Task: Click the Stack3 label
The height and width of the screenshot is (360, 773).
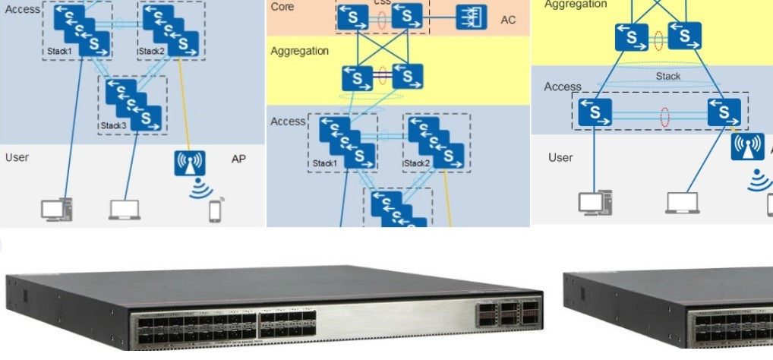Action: click(x=113, y=125)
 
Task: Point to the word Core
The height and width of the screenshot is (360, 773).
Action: click(x=283, y=6)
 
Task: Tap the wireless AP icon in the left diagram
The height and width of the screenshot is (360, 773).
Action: click(x=190, y=163)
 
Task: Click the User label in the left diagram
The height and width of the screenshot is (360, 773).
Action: click(x=17, y=157)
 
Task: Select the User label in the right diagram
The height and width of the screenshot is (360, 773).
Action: click(x=560, y=157)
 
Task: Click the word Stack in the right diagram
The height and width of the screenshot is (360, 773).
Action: click(x=668, y=76)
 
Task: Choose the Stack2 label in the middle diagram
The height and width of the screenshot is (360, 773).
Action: click(x=417, y=163)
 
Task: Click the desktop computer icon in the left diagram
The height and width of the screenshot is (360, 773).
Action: click(x=58, y=209)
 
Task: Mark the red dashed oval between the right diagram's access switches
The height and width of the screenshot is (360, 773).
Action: click(x=665, y=116)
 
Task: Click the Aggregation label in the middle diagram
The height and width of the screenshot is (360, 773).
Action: click(x=299, y=51)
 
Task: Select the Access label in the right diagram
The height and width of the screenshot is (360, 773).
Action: click(x=562, y=87)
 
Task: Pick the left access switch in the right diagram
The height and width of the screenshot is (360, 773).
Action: click(x=595, y=113)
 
